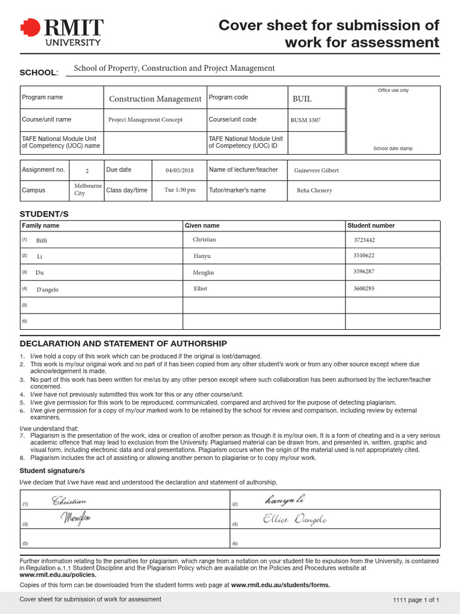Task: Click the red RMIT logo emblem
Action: point(28,28)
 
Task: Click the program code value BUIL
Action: point(302,99)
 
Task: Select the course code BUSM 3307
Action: point(305,120)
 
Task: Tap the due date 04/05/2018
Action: point(180,170)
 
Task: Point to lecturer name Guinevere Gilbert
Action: point(316,170)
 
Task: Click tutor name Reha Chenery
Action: point(314,191)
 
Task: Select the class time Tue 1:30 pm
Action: point(180,190)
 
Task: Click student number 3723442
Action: point(364,240)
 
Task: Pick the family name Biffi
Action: point(41,240)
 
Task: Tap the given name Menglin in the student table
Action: point(203,273)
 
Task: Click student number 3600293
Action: point(364,288)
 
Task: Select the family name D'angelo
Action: point(47,290)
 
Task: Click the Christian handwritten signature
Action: point(69,501)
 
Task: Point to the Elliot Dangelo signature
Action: point(295,520)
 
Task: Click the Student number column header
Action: point(371,225)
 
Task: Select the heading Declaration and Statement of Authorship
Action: point(123,344)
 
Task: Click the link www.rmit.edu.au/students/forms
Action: point(280,585)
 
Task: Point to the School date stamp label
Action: point(393,149)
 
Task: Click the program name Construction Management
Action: point(155,99)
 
